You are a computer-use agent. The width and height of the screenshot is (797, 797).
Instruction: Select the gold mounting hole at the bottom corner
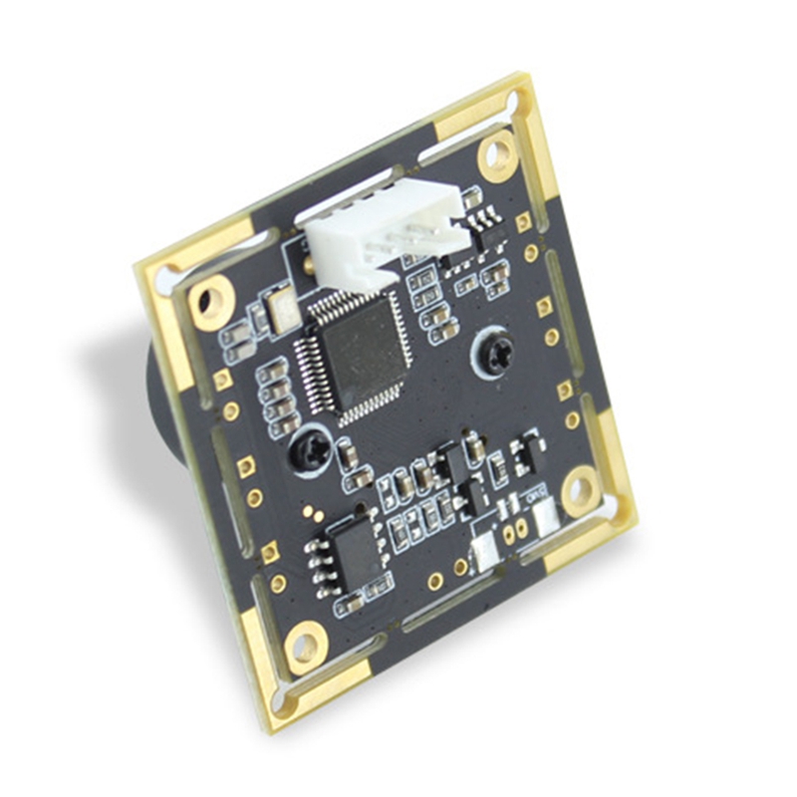[x=305, y=645]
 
